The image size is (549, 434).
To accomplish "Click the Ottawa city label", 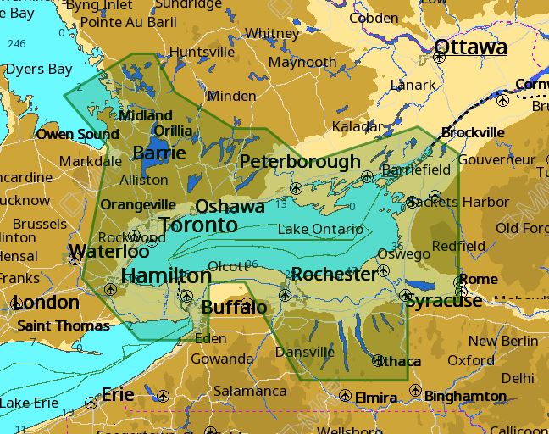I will (470, 47).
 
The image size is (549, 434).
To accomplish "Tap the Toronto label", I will (198, 225).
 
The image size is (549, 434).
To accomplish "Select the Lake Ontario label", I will (320, 230).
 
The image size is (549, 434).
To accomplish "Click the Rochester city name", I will (333, 275).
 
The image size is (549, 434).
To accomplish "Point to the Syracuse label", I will (443, 301).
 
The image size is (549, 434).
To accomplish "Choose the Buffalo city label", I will (234, 307).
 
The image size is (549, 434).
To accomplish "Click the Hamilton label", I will (166, 276).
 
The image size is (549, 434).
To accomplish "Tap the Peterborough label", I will (300, 162).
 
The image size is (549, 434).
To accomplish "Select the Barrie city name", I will (159, 153).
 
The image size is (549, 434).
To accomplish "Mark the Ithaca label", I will (398, 362).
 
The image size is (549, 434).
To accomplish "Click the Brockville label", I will (473, 133).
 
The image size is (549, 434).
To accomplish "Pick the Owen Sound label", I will (77, 135).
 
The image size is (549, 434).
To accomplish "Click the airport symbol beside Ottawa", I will (440, 59).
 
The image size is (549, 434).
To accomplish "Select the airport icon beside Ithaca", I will (378, 360).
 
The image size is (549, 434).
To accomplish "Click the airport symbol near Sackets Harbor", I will (412, 202).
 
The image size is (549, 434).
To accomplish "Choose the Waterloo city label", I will (109, 252).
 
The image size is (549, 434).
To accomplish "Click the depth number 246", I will (17, 43).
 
